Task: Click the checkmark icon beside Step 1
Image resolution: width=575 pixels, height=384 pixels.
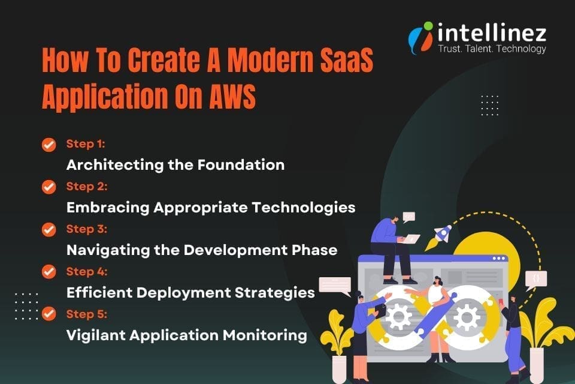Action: tap(49, 145)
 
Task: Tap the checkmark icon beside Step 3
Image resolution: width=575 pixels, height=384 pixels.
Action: tap(49, 229)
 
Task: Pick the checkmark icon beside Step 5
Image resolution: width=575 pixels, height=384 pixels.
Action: tap(49, 314)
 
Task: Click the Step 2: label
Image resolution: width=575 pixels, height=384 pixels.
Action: tap(86, 187)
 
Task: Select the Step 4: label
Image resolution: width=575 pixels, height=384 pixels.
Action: tap(86, 271)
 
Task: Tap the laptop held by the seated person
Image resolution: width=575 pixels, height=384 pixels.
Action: tap(412, 239)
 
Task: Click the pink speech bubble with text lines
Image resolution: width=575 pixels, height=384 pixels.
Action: tap(334, 285)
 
